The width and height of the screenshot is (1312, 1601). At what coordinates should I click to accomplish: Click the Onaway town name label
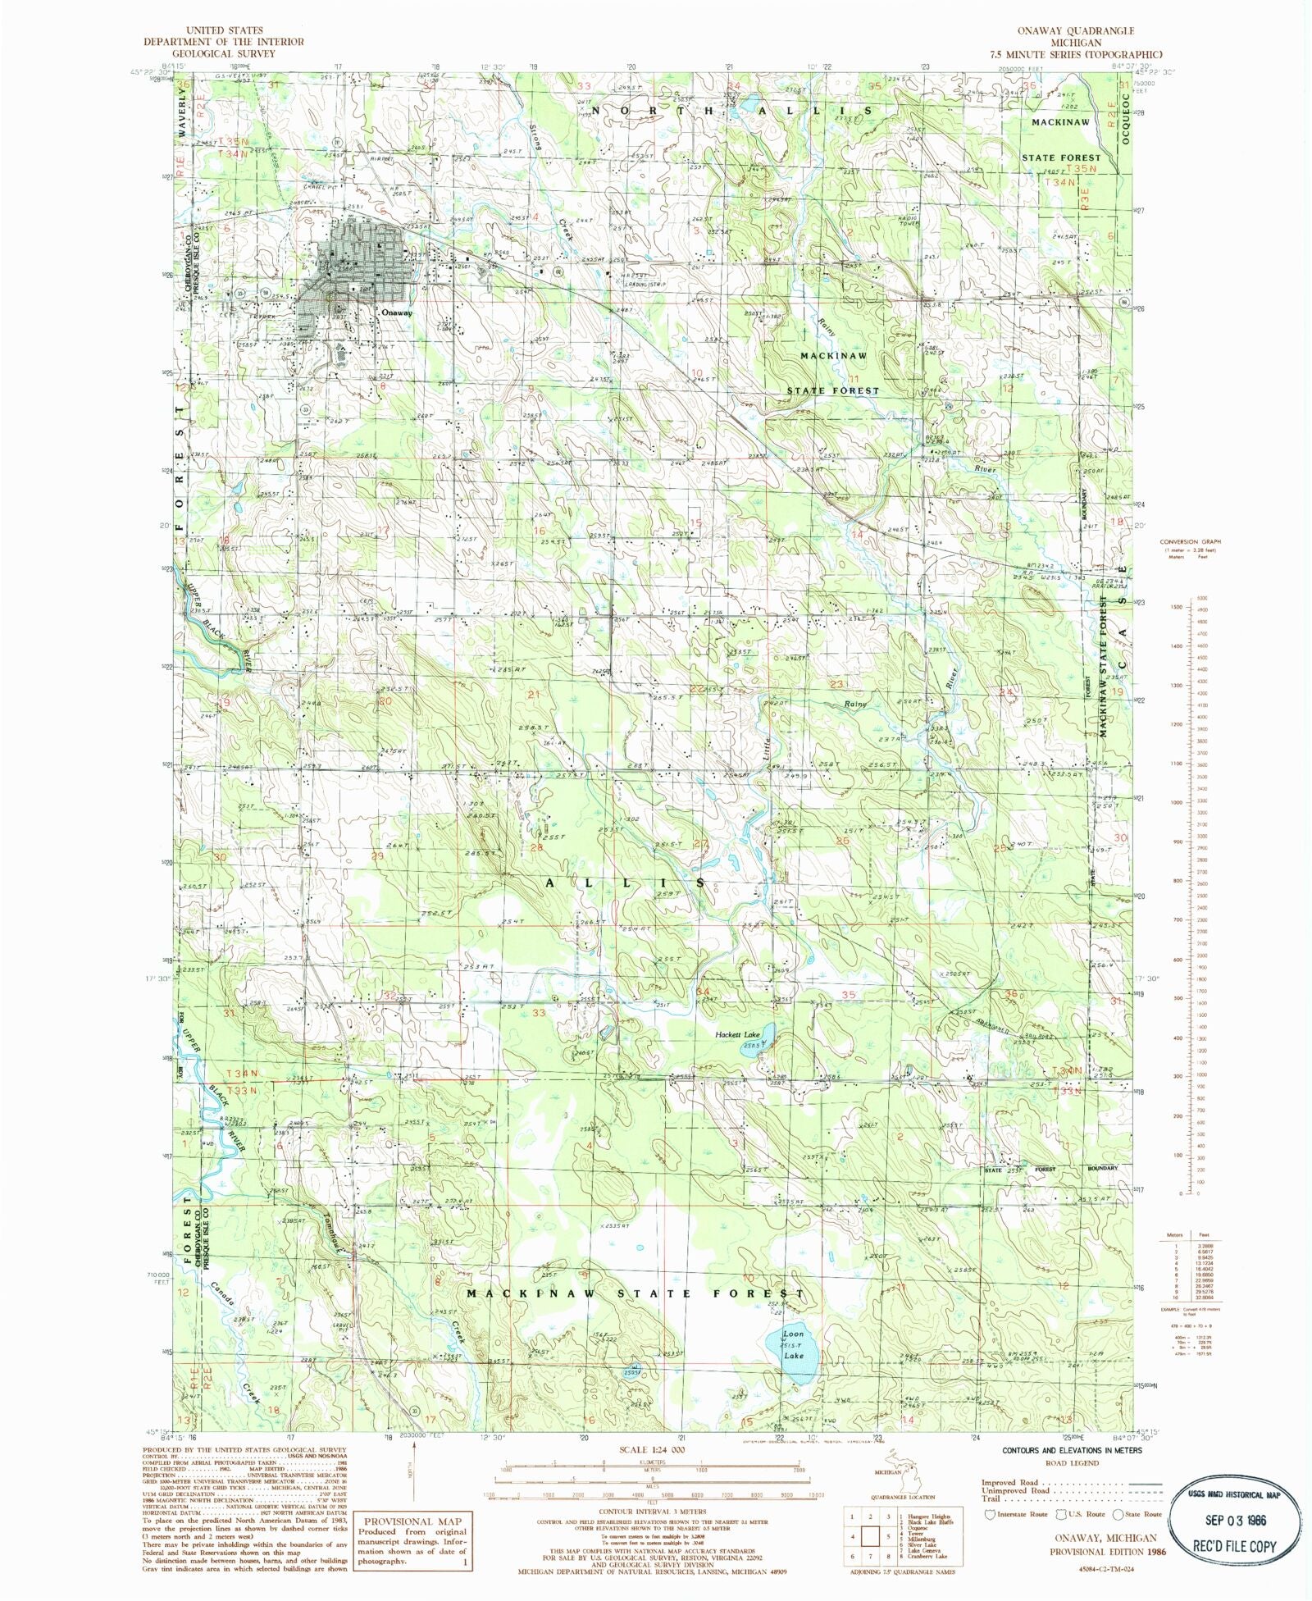[x=397, y=312]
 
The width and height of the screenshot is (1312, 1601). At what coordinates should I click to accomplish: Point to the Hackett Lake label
[x=738, y=1034]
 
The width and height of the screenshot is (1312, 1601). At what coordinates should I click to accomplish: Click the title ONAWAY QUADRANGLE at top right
[x=1075, y=30]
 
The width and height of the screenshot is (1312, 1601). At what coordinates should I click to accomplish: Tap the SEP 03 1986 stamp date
[x=1236, y=1519]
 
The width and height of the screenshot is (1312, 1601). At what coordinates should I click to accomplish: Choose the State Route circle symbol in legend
[x=1118, y=1514]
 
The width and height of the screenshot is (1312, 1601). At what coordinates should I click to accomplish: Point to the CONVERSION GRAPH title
[x=1190, y=541]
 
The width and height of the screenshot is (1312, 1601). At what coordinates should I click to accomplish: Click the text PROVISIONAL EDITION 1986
[x=1108, y=1552]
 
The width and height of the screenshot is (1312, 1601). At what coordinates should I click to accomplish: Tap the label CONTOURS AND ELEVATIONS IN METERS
[x=1072, y=1450]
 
